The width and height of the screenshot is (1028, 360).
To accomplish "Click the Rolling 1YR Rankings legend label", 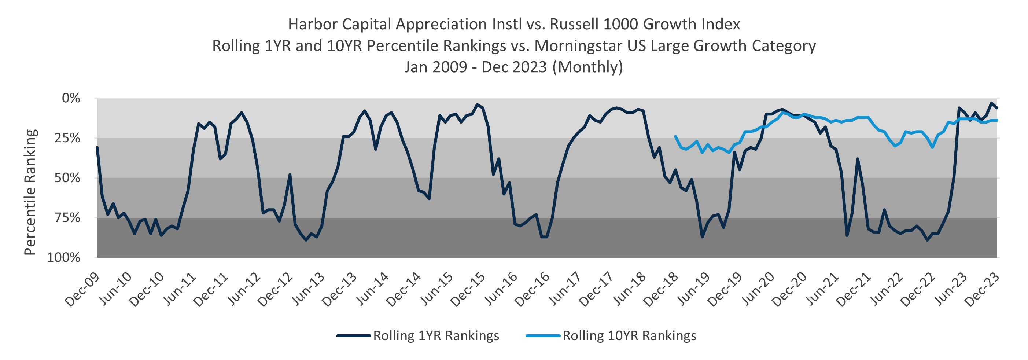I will [x=436, y=336].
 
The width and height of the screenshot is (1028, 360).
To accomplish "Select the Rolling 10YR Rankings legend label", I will [x=629, y=336].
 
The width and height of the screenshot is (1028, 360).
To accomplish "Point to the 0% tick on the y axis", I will [x=71, y=98].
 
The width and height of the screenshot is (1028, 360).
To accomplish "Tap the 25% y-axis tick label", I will [x=67, y=138].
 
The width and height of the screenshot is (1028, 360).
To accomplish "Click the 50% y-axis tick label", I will [x=67, y=178].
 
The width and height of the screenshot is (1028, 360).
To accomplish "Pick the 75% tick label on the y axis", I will [x=67, y=218].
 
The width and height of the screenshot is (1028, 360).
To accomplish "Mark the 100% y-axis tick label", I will [x=64, y=258].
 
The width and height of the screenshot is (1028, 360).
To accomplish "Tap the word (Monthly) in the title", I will [x=587, y=67].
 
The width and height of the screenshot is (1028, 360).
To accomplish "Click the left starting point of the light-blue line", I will [x=675, y=136].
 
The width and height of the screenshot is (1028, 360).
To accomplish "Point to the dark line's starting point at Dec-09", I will [x=97, y=148].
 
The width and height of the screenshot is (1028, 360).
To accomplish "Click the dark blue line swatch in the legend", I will [x=353, y=336].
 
